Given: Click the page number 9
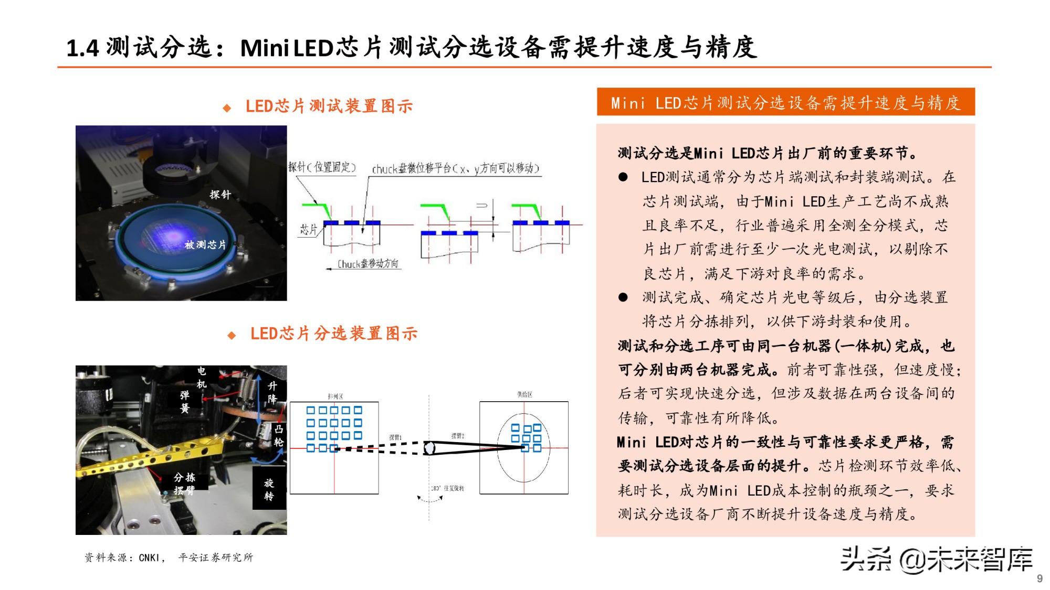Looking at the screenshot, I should [x=1039, y=578].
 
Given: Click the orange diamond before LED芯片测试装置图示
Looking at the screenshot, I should [x=227, y=108].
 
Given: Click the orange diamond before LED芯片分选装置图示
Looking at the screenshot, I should [x=232, y=335].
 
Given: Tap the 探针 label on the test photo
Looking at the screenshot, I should [x=220, y=195].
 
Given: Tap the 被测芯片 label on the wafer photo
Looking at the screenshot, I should [x=205, y=245].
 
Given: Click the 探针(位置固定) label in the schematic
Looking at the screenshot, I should [x=322, y=167].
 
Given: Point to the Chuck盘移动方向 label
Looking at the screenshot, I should [x=367, y=264].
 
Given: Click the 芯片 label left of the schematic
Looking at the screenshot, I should [x=309, y=229].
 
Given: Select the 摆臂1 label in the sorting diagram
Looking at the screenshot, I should [x=395, y=437].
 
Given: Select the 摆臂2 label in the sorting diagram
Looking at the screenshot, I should [x=458, y=436].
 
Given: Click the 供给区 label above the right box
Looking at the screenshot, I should [x=524, y=394].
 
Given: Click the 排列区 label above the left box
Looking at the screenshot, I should [x=335, y=396].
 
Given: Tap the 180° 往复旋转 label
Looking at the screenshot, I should [x=448, y=488].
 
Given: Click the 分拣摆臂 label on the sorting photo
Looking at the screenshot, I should [x=184, y=484].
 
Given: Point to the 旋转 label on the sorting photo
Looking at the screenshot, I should [x=269, y=489].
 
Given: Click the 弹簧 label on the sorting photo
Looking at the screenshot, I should [x=185, y=401].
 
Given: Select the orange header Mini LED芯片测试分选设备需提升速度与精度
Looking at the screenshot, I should [x=785, y=102].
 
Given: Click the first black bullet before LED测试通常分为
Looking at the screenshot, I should [x=623, y=177].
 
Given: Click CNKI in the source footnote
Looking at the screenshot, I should [x=149, y=557].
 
